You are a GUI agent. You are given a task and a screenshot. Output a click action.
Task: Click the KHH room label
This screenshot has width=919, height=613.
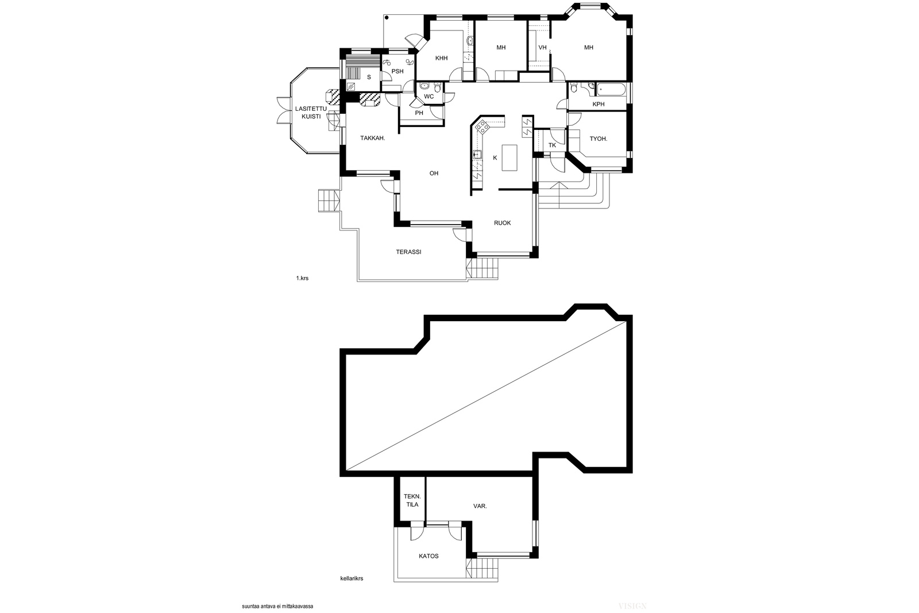[442, 58]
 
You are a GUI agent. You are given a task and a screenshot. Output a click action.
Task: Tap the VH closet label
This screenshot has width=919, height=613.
[542, 48]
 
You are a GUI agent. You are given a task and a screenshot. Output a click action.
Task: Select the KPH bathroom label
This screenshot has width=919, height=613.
[598, 104]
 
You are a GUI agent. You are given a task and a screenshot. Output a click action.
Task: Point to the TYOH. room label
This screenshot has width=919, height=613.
[598, 138]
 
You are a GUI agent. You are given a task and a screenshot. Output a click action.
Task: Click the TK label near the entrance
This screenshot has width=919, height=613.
[552, 145]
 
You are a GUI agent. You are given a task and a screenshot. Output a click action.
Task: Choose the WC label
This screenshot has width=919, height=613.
[428, 97]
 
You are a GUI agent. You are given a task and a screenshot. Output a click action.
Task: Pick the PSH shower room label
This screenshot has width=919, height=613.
[397, 71]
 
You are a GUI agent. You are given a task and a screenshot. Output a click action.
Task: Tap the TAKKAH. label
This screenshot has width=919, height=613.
[373, 138]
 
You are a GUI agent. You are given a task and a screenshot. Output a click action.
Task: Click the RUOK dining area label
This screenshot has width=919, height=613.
[502, 223]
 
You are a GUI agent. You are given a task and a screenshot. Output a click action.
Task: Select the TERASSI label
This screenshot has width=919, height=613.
[408, 252]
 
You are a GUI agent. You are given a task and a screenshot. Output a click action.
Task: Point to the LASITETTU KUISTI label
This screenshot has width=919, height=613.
[311, 113]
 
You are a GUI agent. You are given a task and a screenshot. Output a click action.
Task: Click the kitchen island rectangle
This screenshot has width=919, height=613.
[509, 157]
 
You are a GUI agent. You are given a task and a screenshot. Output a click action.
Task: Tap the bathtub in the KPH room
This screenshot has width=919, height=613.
[611, 89]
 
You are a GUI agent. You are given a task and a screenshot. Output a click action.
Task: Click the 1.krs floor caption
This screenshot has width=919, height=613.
[302, 278]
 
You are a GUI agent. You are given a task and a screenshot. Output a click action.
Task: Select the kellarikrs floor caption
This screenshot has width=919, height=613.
[352, 579]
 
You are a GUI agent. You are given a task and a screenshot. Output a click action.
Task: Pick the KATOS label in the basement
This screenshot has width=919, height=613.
[428, 556]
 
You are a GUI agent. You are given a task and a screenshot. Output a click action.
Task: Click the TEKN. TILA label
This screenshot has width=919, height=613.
[412, 500]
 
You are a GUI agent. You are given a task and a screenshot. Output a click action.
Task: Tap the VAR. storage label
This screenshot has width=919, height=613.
[480, 506]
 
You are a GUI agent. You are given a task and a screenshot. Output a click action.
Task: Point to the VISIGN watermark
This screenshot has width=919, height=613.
[632, 606]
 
